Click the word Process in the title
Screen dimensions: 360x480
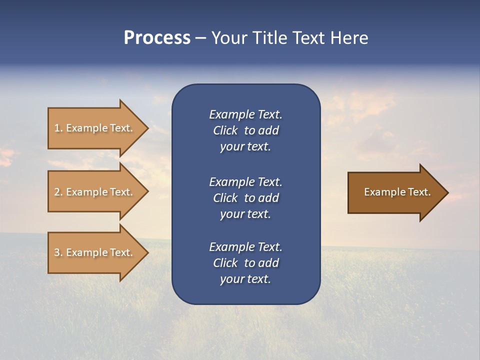pyautogui.click(x=157, y=38)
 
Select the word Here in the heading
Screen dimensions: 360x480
pyautogui.click(x=348, y=38)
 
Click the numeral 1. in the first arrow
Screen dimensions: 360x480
pyautogui.click(x=58, y=128)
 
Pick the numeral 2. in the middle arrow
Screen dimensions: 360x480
pyautogui.click(x=58, y=192)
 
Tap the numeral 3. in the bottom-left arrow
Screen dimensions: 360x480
pyautogui.click(x=58, y=252)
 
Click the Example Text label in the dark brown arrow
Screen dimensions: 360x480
pyautogui.click(x=397, y=192)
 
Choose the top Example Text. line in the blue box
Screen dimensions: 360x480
pyautogui.click(x=245, y=114)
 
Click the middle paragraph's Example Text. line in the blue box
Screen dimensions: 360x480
pyautogui.click(x=245, y=182)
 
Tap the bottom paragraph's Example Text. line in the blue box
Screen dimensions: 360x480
pyautogui.click(x=245, y=247)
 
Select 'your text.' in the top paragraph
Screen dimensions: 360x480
pyautogui.click(x=245, y=147)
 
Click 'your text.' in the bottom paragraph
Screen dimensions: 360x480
pyautogui.click(x=245, y=279)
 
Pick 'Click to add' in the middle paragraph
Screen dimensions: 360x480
pyautogui.click(x=245, y=198)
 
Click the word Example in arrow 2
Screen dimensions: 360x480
pyautogui.click(x=86, y=192)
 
